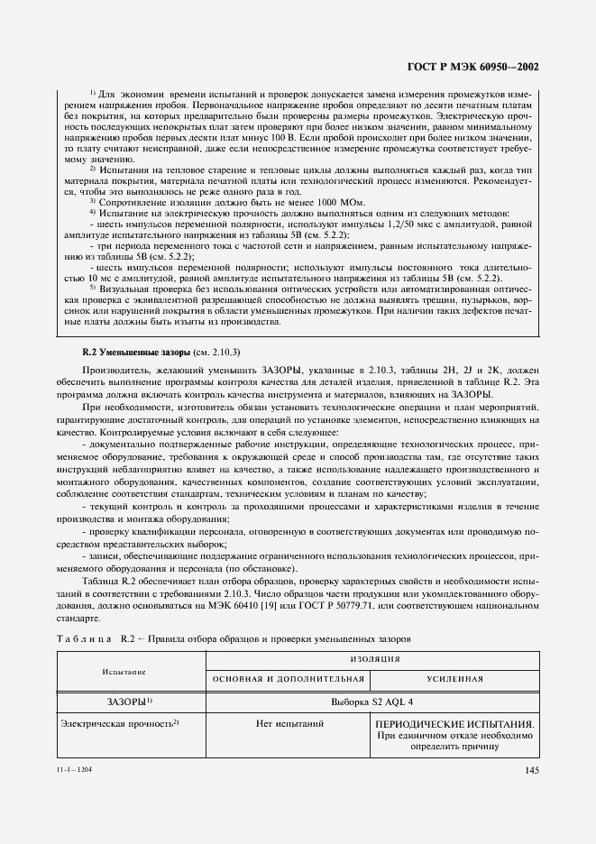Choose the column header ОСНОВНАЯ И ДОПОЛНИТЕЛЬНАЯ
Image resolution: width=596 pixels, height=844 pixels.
click(x=288, y=678)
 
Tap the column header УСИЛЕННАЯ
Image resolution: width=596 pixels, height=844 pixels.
click(x=455, y=678)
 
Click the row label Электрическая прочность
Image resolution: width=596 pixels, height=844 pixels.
click(x=111, y=723)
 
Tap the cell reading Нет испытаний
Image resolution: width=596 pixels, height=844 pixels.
click(x=288, y=723)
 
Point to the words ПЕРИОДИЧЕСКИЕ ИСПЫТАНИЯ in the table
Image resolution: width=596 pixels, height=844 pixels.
click(x=455, y=723)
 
